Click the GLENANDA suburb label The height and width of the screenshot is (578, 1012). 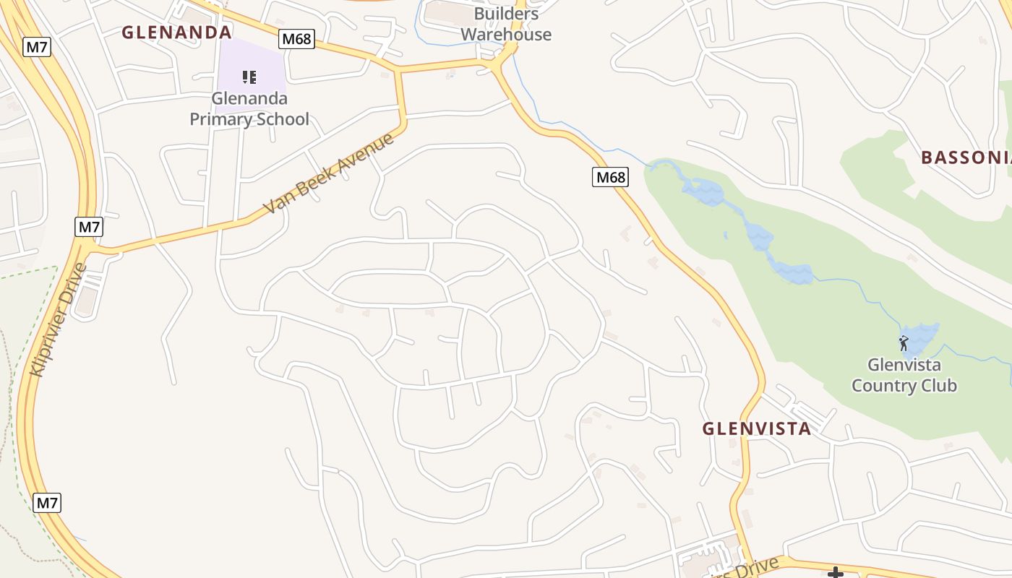[x=176, y=32]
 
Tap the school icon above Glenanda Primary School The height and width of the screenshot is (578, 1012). [x=249, y=77]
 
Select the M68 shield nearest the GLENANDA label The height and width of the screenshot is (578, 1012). [x=297, y=38]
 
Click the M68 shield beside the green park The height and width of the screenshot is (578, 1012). [x=610, y=176]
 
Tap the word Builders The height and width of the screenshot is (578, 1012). [x=506, y=14]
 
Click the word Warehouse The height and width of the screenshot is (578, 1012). [x=506, y=34]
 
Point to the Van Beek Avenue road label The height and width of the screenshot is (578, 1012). [x=328, y=173]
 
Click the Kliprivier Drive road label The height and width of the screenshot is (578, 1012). [x=59, y=319]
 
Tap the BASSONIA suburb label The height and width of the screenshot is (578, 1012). [x=966, y=158]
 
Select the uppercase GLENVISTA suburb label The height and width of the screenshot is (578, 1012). [x=757, y=428]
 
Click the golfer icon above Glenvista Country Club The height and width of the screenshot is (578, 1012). [x=904, y=343]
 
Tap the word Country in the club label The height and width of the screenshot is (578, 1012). [x=883, y=385]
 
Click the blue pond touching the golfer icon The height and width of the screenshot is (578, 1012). [x=922, y=336]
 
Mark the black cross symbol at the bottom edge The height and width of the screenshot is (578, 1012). [x=836, y=573]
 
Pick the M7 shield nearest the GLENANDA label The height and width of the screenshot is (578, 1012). [x=37, y=47]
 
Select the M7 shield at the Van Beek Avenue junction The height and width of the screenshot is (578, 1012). [x=89, y=227]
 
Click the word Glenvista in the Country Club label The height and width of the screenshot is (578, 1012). [x=904, y=364]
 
